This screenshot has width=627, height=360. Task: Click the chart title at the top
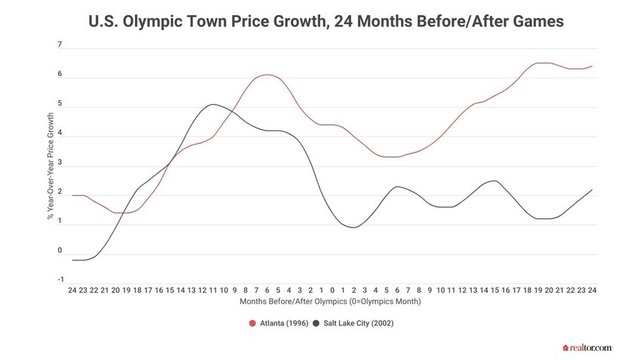[x=313, y=22]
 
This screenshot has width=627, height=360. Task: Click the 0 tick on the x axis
[x=332, y=289]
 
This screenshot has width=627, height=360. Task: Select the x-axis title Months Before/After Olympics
[x=330, y=301]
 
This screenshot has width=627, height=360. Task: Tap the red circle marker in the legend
[x=252, y=323]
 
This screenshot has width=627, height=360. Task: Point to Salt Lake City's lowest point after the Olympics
[x=353, y=227]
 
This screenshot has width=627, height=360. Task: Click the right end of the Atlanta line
[x=592, y=66]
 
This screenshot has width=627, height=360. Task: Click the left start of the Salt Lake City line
[x=72, y=260]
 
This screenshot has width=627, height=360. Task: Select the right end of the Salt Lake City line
[x=592, y=190]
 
